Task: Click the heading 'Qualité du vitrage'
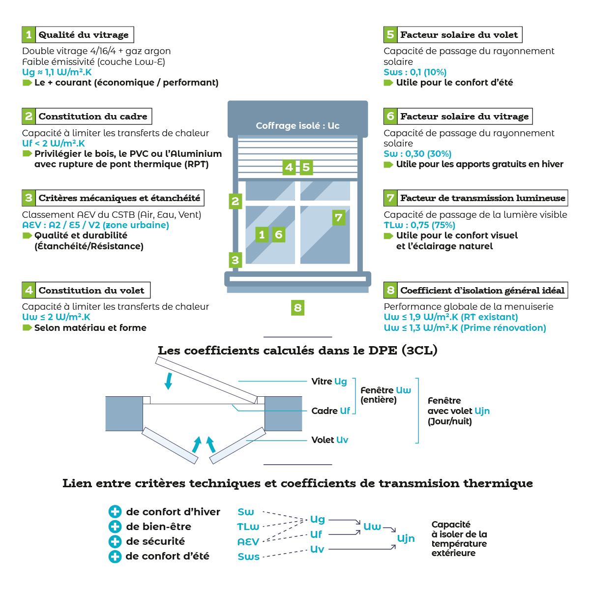click(x=84, y=35)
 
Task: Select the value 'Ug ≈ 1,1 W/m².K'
click(x=57, y=72)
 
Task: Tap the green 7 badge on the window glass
click(x=338, y=217)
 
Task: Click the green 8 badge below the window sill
click(x=297, y=308)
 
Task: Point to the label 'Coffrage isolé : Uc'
click(x=297, y=126)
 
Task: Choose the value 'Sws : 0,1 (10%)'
click(x=415, y=72)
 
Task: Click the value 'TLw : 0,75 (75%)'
click(x=419, y=225)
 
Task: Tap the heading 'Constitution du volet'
click(x=91, y=291)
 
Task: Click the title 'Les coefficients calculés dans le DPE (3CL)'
click(x=297, y=351)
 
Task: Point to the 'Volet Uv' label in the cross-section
click(x=329, y=440)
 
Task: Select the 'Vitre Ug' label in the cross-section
click(x=329, y=382)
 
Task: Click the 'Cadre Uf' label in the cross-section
click(x=330, y=411)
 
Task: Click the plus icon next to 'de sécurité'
click(x=115, y=541)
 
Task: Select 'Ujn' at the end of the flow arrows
click(x=406, y=538)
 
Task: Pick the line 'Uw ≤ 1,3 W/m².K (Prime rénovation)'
click(x=465, y=328)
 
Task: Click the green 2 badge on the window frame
click(x=236, y=201)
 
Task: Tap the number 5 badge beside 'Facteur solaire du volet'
click(x=390, y=35)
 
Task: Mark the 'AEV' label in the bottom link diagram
click(x=248, y=542)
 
